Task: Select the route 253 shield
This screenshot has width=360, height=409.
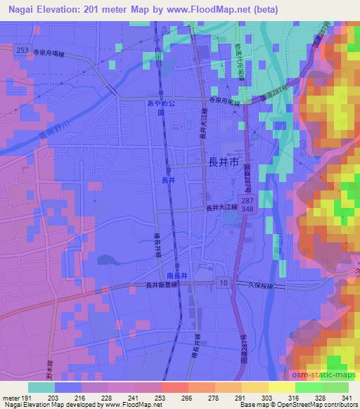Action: (x=21, y=51)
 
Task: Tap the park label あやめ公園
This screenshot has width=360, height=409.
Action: (x=155, y=107)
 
